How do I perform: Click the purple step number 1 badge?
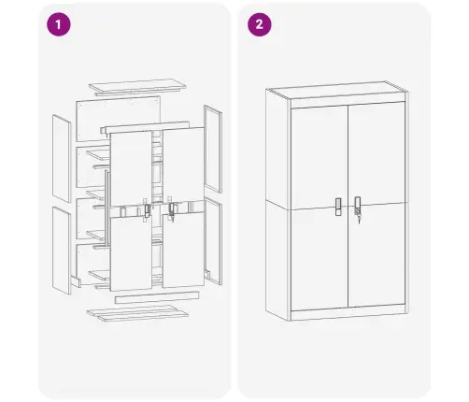(61, 25)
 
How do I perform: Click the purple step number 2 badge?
(256, 25)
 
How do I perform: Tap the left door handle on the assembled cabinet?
(337, 206)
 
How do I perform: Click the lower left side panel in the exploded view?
(62, 249)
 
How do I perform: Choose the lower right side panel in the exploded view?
(213, 241)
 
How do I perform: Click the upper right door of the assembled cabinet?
(377, 154)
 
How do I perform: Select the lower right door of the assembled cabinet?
(377, 257)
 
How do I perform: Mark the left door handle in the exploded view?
(146, 210)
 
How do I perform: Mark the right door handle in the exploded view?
(172, 210)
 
